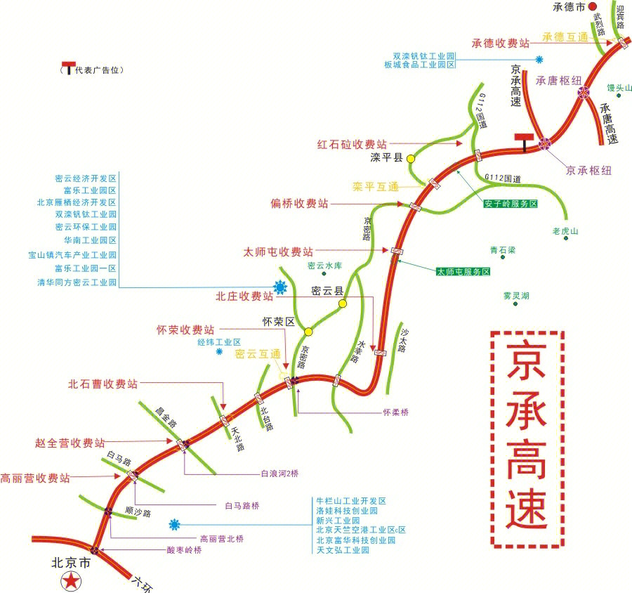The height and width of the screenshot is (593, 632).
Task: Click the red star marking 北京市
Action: tap(71, 581)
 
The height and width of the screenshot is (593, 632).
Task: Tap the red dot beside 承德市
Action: tap(593, 6)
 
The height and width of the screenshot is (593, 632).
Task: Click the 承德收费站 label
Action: tap(500, 43)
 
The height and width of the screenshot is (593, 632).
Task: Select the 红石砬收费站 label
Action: tap(351, 145)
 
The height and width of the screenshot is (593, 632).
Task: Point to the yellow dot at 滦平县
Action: tap(411, 159)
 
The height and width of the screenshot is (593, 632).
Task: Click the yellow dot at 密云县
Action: tap(343, 304)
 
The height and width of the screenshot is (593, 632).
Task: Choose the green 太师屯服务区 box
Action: tap(463, 271)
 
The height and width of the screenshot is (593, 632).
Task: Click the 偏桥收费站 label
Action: tap(299, 204)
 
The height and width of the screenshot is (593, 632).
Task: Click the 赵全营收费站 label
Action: tap(70, 443)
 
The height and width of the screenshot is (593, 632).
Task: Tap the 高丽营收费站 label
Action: tap(35, 478)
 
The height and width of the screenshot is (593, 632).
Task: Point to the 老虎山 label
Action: tap(565, 230)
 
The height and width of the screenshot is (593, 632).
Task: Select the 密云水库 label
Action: tap(324, 266)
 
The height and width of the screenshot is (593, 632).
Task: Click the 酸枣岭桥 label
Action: tap(184, 551)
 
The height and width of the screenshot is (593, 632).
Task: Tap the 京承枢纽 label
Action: tap(588, 171)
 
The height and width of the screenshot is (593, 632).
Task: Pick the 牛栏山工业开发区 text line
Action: tap(351, 502)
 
